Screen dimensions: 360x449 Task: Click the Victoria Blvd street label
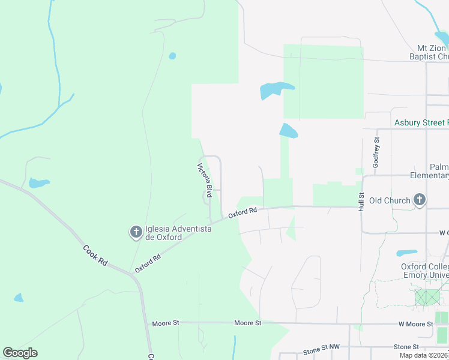point(205,181)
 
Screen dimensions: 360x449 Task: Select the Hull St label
point(362,202)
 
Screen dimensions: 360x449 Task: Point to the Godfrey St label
point(376,152)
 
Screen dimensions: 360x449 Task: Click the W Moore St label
point(416,324)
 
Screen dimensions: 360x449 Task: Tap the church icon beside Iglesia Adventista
point(136,232)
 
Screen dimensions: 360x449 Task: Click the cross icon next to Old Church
point(420,200)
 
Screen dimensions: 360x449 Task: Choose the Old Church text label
point(390,200)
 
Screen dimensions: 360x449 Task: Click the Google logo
point(20,353)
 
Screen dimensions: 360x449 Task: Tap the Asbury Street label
point(421,123)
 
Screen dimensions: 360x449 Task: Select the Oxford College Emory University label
point(425,271)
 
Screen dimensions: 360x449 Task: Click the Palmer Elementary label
point(433,171)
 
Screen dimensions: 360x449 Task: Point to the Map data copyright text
point(423,355)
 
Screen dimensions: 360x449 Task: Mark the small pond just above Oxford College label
point(407,253)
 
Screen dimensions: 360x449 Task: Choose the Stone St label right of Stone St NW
point(406,347)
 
